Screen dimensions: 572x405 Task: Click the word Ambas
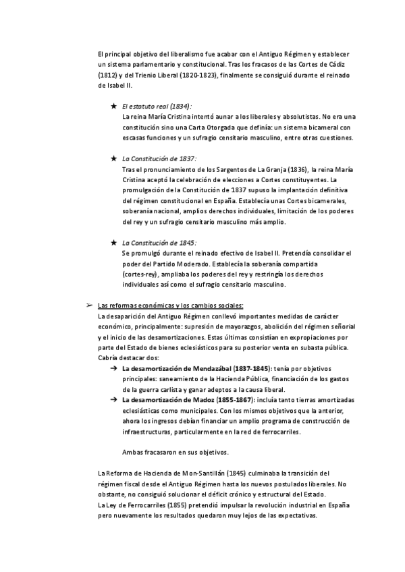coord(134,452)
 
